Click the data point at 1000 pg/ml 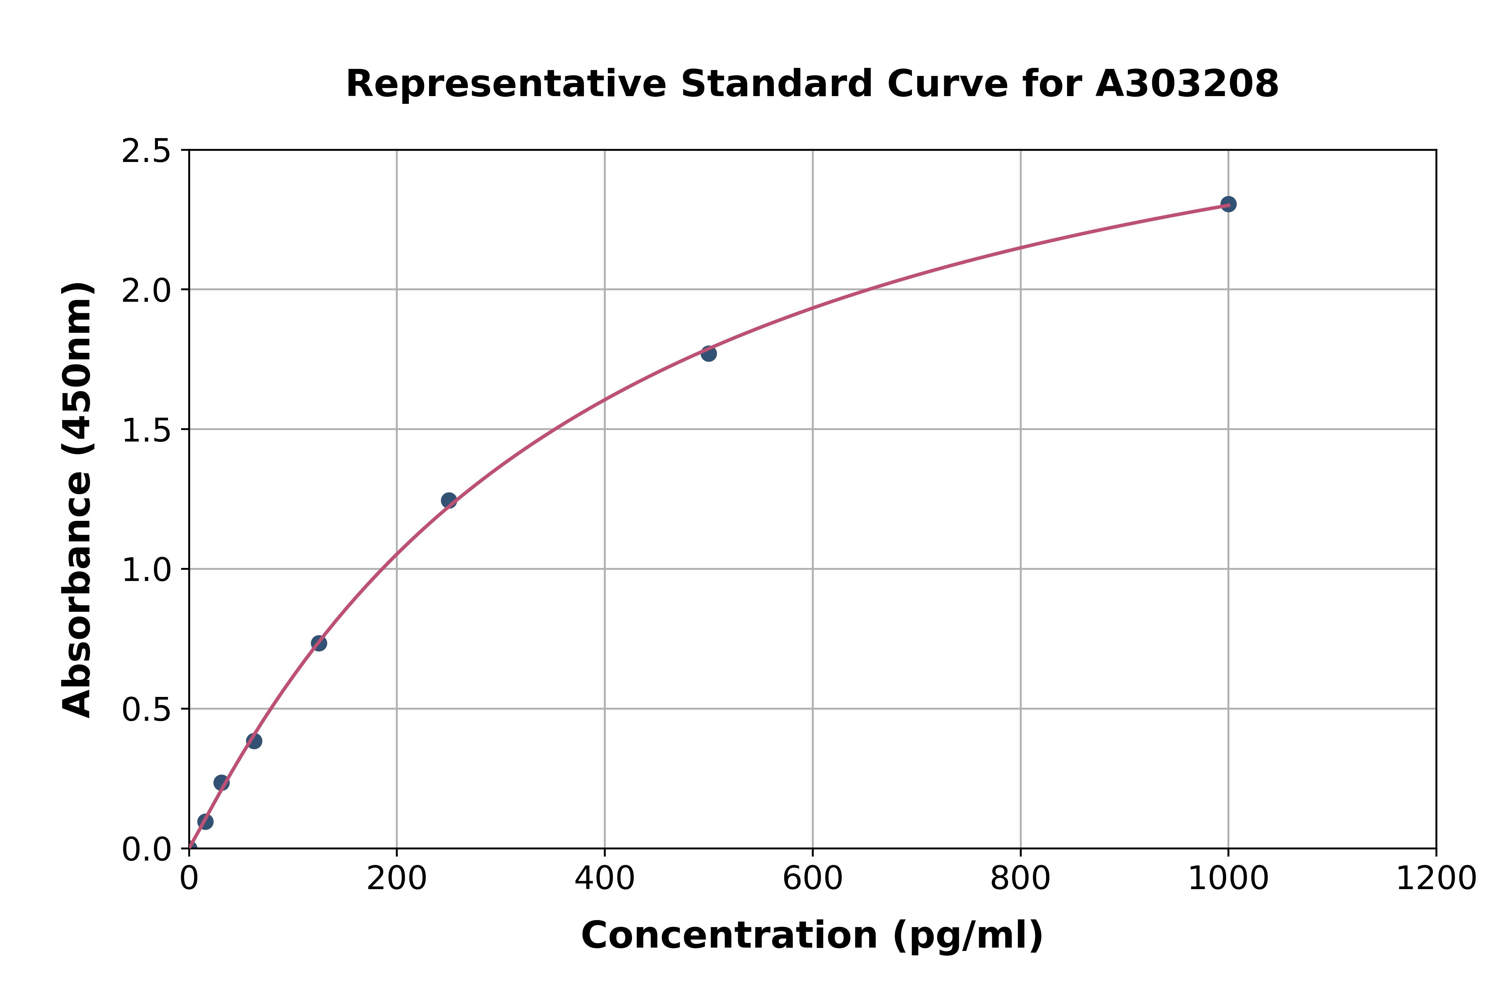click(1228, 204)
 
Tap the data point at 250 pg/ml click(449, 500)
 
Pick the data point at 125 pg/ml click(319, 643)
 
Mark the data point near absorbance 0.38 click(254, 741)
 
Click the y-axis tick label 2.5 click(146, 152)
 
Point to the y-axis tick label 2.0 click(146, 291)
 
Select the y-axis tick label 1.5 click(146, 431)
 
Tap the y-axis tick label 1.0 click(146, 570)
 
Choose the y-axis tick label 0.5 click(146, 710)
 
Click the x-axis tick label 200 click(396, 879)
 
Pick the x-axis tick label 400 click(604, 879)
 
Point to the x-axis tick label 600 click(813, 879)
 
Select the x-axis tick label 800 click(1020, 879)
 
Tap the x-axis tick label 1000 click(1228, 879)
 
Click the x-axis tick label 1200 click(1436, 879)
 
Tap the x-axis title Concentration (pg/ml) click(812, 935)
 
